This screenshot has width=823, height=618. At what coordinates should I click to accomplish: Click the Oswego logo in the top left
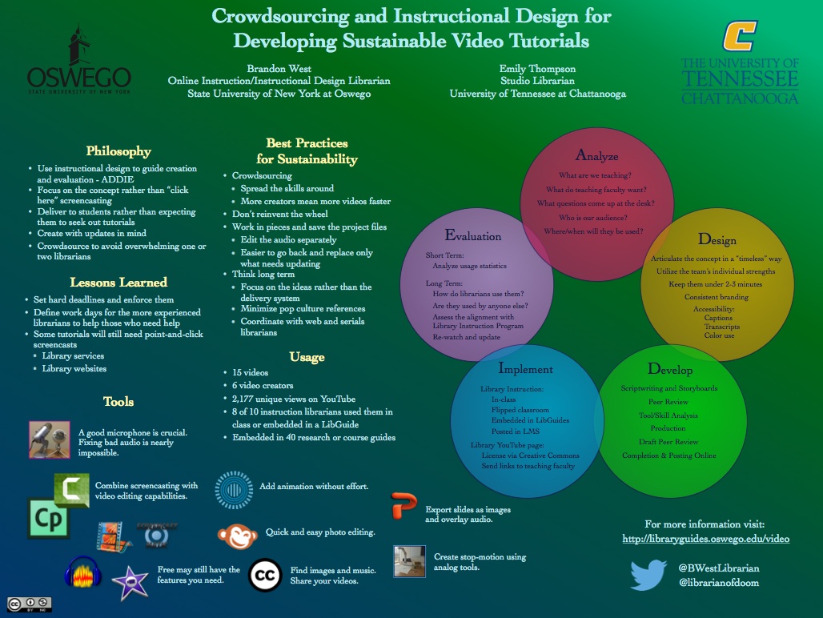(78, 61)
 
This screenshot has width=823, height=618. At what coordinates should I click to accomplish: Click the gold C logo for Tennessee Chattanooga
(739, 36)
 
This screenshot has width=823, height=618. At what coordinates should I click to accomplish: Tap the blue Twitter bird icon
(648, 575)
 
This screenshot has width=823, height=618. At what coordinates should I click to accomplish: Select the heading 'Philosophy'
(118, 151)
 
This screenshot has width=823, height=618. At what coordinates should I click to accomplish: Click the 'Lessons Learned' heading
(118, 282)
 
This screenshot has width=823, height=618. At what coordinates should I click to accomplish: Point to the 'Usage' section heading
(307, 357)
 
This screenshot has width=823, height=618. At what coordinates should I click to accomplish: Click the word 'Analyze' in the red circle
(596, 155)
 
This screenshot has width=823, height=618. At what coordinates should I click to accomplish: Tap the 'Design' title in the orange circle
(717, 239)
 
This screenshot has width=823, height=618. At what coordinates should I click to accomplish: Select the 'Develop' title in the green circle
(670, 369)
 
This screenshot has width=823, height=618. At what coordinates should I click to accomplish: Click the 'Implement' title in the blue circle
(525, 369)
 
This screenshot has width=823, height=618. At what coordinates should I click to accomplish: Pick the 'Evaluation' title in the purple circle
(473, 236)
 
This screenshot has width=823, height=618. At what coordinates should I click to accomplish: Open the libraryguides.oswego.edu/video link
(705, 539)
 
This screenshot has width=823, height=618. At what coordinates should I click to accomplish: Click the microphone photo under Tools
(50, 439)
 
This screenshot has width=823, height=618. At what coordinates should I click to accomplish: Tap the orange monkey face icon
(237, 534)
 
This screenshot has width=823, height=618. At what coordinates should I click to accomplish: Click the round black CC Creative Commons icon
(265, 575)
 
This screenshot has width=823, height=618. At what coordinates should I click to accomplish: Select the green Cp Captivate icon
(47, 519)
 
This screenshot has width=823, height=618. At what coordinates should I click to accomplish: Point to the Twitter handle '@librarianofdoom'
(718, 582)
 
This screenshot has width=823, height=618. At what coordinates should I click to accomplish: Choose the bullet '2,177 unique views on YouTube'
(294, 399)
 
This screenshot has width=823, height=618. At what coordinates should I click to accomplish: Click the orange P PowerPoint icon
(404, 508)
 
